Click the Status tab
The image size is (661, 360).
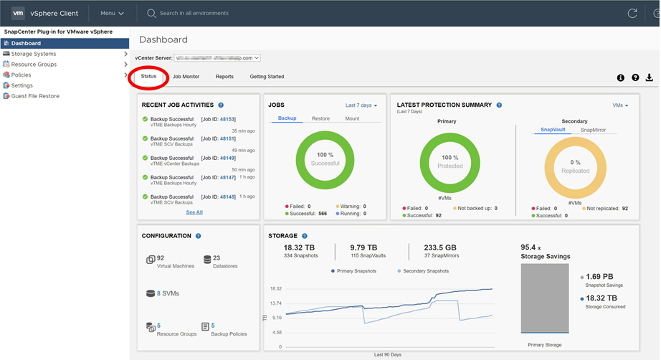point(148,77)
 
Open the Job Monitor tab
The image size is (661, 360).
point(186,77)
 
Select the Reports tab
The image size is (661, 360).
point(224,77)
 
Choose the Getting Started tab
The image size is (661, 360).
point(267,77)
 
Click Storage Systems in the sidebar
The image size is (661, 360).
point(33,54)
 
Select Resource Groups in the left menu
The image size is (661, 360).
point(34,65)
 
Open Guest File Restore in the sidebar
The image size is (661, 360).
point(35,96)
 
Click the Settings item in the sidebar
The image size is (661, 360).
point(22,85)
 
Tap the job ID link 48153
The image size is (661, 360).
point(227,119)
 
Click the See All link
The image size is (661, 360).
point(194,212)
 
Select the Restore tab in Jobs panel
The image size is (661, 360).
point(320,118)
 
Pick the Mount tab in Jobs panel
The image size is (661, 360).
point(352,118)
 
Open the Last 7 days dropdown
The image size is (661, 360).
point(361,105)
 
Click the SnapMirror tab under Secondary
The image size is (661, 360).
point(593,130)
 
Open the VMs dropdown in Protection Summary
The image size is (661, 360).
point(620,105)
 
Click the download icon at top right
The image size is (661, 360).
point(650,77)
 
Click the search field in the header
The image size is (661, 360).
point(215,13)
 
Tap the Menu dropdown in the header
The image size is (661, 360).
point(112,13)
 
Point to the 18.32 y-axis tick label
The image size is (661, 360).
point(275,288)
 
